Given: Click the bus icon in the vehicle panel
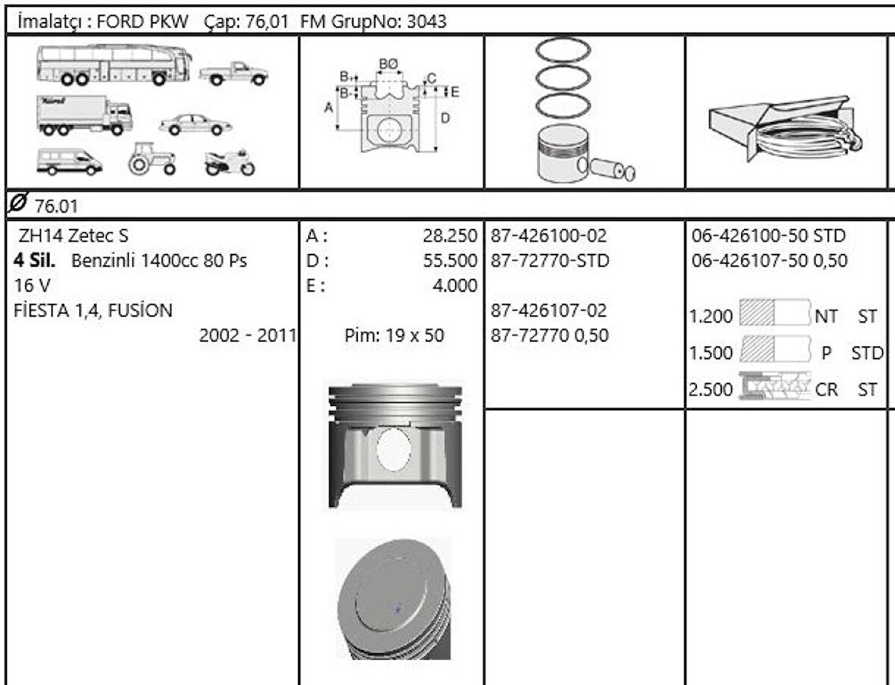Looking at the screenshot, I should pos(114,65).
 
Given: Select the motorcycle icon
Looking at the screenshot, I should pos(229,162).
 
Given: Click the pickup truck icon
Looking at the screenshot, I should pos(234,74).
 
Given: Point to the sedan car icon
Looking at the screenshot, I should pos(196,124).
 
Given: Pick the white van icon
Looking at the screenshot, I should pos(68,161).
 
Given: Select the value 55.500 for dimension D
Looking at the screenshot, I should pos(451,261).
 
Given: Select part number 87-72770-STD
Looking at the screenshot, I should pos(550,261).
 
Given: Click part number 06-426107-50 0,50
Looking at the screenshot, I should pos(770,261).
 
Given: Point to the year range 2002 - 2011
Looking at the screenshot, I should pos(247,335).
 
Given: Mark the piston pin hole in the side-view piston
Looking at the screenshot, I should pos(394,449).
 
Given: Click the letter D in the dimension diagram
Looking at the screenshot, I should pos(444,118).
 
